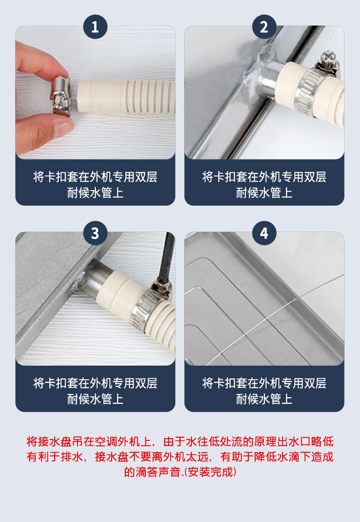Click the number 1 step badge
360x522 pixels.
coord(95,26)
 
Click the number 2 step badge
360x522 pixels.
coord(264,26)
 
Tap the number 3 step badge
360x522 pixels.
coord(95,233)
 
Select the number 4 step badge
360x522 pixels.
coord(264,233)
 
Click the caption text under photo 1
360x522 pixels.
coord(95,185)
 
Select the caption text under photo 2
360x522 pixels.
coord(264,185)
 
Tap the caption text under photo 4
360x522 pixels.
coord(264,391)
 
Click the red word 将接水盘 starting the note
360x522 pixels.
coord(49,441)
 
